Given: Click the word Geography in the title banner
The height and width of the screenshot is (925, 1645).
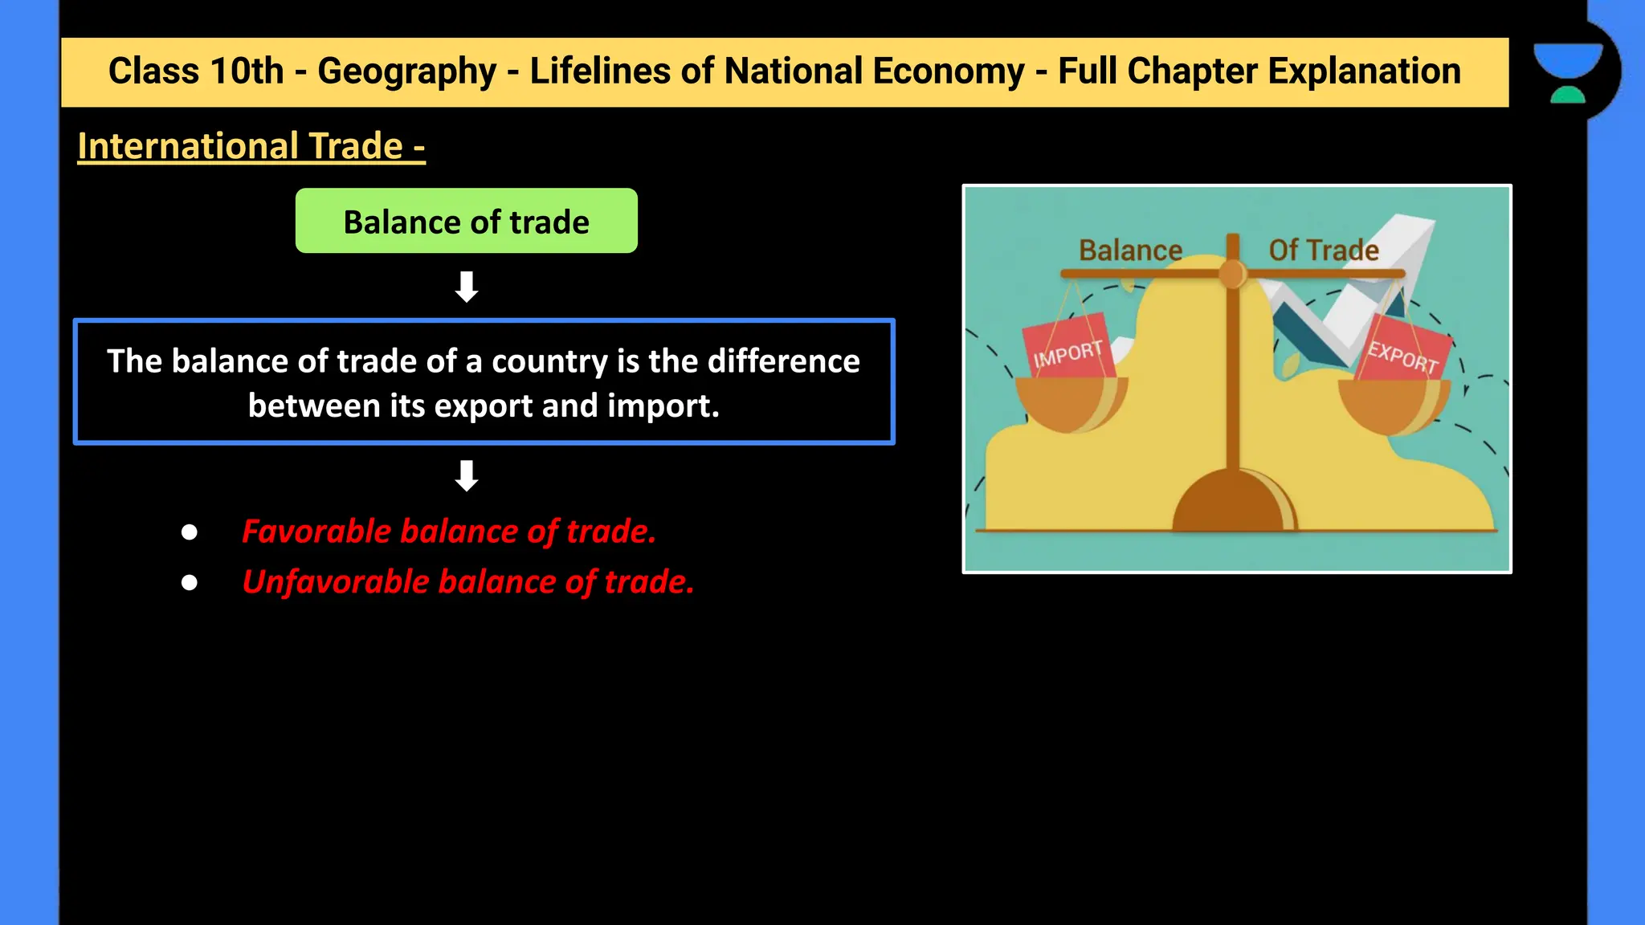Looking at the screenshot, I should (406, 71).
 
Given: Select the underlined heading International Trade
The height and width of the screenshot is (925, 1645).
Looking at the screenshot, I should (251, 146).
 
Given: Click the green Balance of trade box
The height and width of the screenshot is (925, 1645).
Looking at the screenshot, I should (466, 221).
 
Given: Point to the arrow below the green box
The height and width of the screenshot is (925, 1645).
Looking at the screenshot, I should (467, 287).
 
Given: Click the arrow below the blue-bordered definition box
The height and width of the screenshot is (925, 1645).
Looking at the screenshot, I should (467, 475).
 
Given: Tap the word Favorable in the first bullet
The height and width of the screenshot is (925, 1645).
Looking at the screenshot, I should (316, 532).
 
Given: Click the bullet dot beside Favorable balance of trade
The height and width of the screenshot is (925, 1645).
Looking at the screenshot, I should (190, 532).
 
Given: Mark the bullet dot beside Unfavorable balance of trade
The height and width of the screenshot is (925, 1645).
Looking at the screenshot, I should (190, 582).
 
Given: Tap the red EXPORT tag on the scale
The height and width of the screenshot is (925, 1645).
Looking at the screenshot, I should (1404, 352).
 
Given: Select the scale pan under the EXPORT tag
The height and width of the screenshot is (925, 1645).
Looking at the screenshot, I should (1394, 405).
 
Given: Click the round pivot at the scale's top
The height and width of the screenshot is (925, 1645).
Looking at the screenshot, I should (1232, 274).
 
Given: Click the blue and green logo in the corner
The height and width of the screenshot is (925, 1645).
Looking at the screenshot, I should (1568, 72).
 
